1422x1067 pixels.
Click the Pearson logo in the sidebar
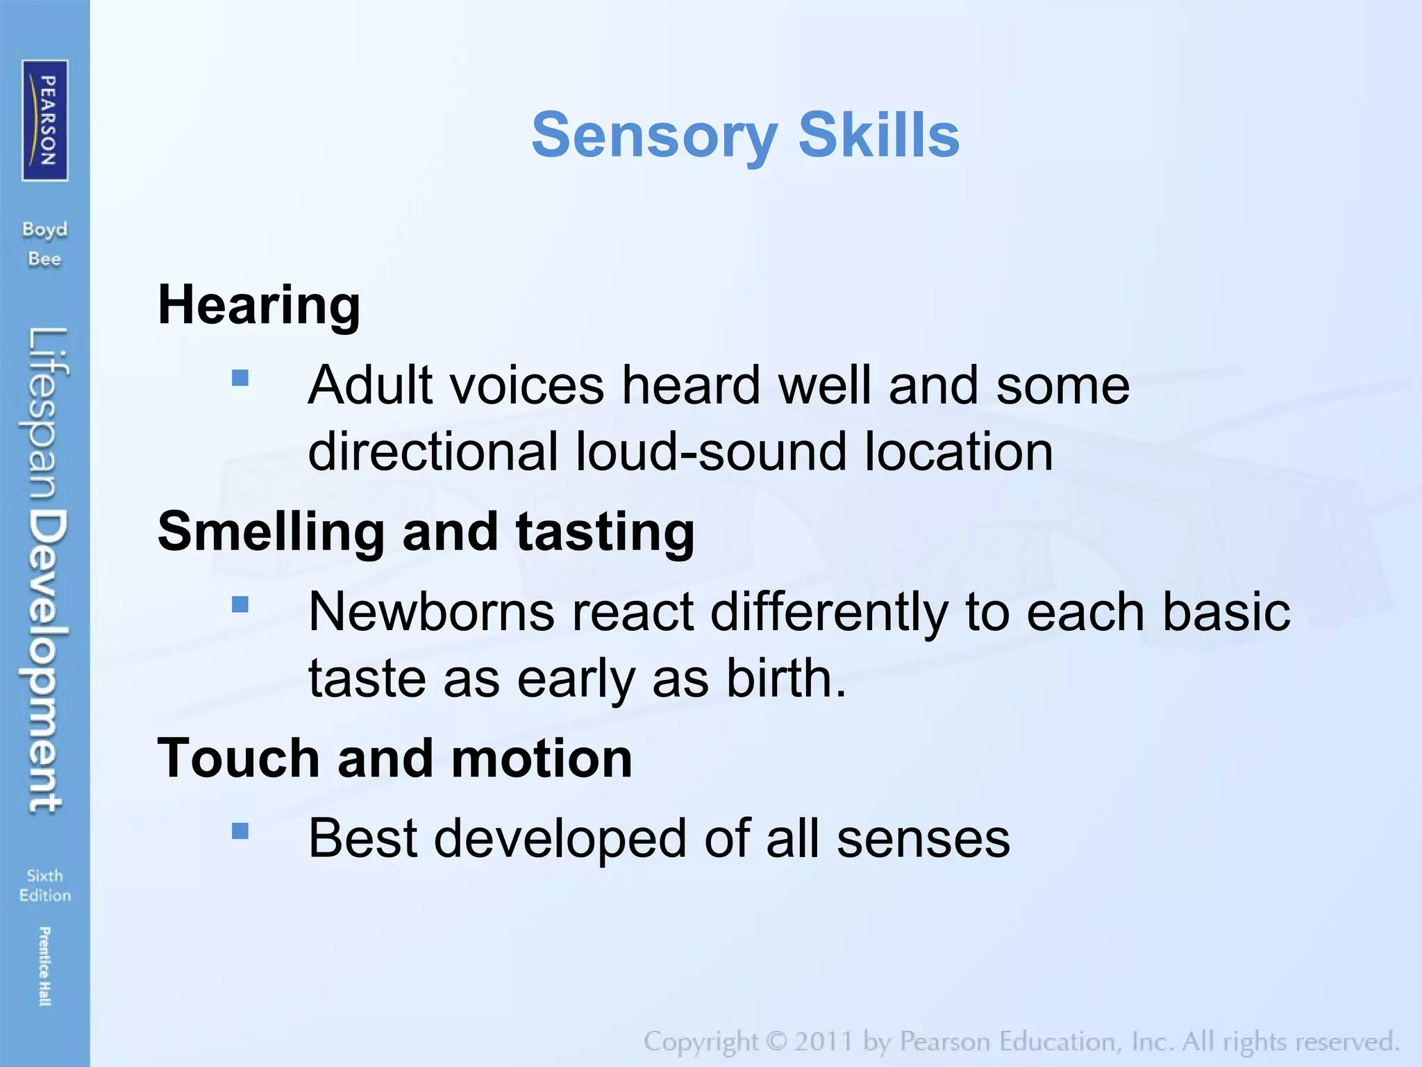[45, 120]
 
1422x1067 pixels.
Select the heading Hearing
[259, 305]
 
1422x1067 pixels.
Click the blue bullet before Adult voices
[240, 378]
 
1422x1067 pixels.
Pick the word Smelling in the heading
[271, 531]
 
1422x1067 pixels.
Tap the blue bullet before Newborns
[240, 604]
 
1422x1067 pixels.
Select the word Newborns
[431, 612]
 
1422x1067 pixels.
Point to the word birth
[785, 678]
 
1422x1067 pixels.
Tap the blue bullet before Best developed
[240, 831]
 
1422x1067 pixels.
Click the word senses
[923, 838]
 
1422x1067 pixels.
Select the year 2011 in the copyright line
[823, 1042]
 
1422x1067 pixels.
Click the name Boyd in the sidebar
[44, 230]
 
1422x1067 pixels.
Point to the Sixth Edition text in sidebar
[45, 886]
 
